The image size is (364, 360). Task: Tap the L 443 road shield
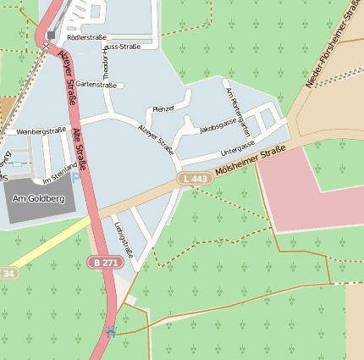(195, 179)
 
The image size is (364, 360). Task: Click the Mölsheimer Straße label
(251, 161)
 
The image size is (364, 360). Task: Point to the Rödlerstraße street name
(87, 37)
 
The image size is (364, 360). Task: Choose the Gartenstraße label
(96, 85)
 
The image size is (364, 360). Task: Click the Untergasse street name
(237, 149)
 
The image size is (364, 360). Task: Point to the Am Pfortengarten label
(235, 107)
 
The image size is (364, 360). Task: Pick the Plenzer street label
(163, 108)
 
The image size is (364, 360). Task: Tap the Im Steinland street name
(58, 174)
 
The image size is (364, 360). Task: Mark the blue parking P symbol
(76, 179)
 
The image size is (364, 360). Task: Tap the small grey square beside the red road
(52, 36)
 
